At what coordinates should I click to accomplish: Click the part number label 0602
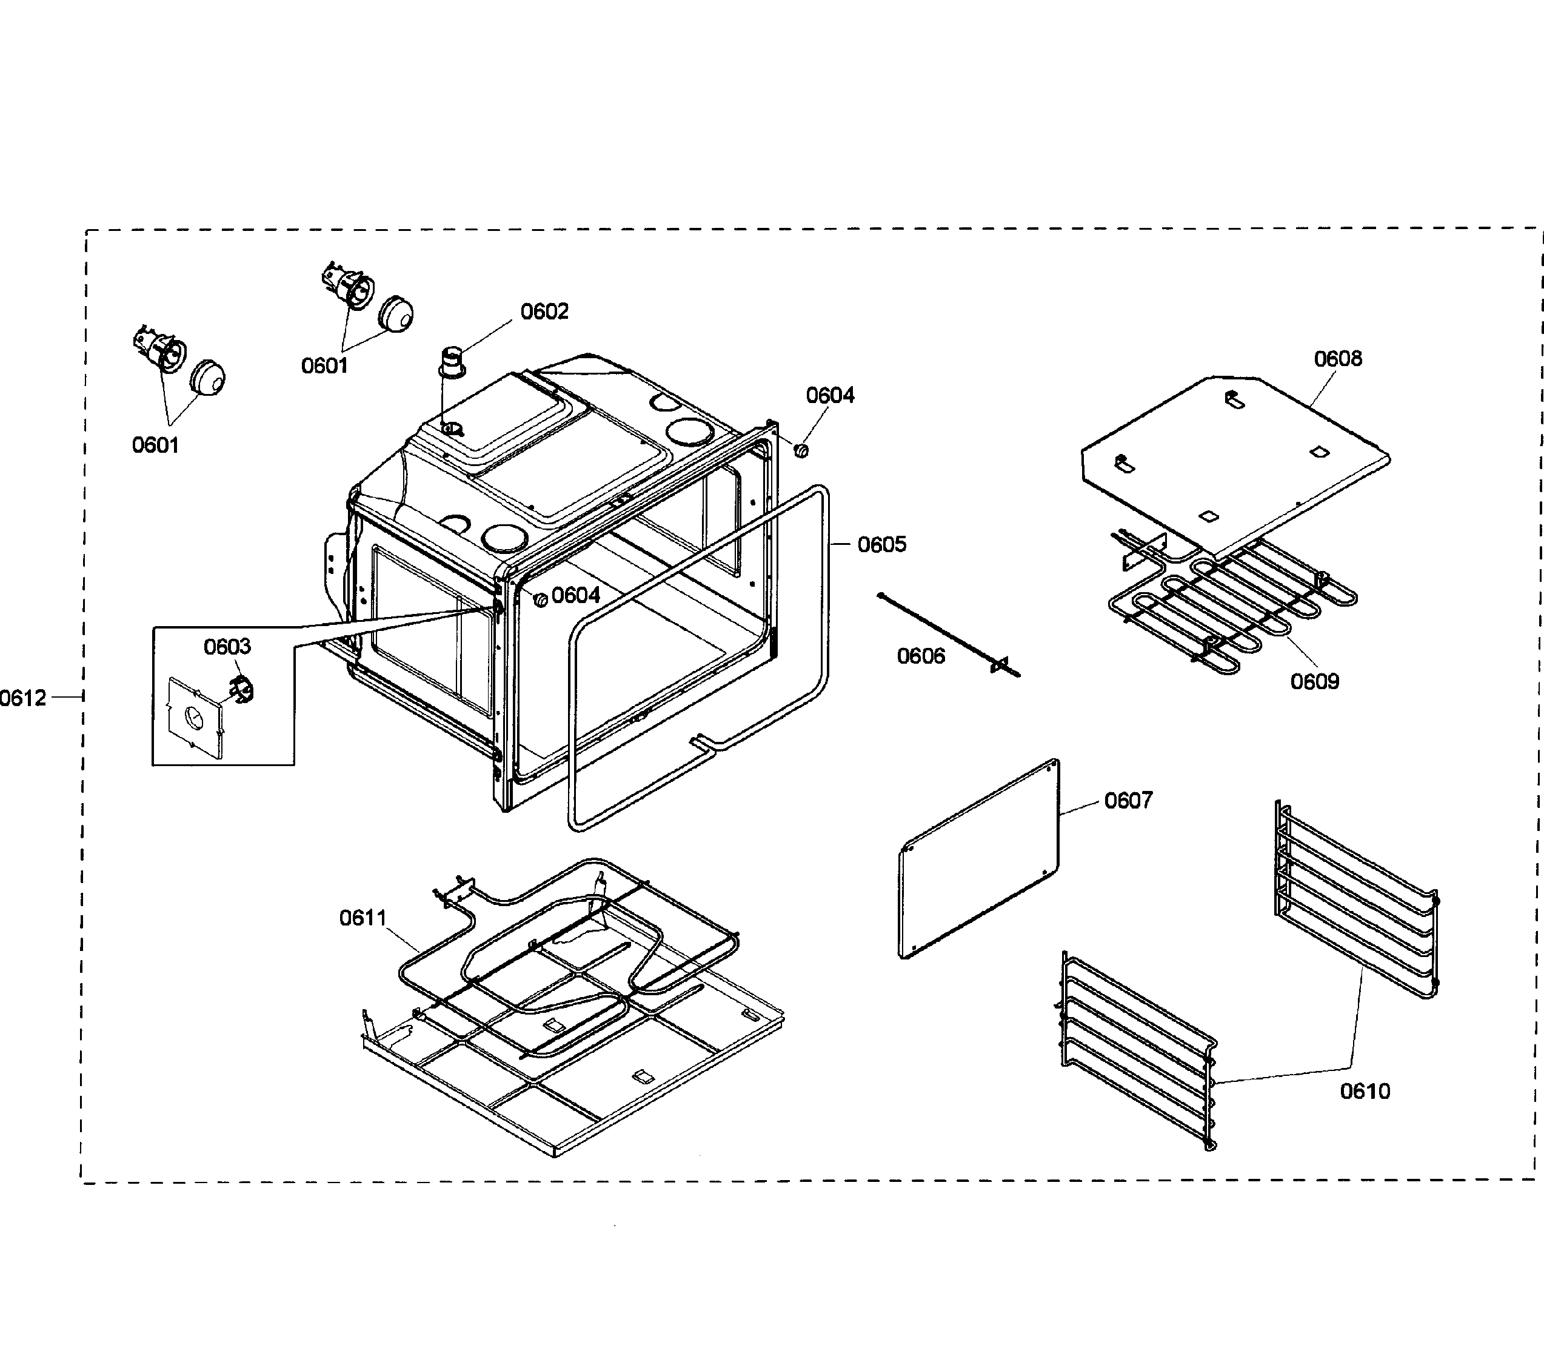tap(544, 312)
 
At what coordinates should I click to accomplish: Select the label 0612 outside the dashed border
tap(24, 698)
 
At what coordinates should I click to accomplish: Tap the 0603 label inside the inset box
tap(227, 646)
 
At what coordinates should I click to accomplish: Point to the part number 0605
tap(881, 544)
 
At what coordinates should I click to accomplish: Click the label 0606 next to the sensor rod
tap(920, 656)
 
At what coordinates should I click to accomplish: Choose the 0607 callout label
tap(1128, 800)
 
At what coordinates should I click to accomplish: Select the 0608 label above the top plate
tap(1337, 358)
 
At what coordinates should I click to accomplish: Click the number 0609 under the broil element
tap(1314, 681)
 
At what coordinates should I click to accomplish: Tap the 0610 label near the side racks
tap(1365, 1091)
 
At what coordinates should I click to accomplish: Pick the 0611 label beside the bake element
tap(363, 918)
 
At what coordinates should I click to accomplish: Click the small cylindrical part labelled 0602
tap(452, 361)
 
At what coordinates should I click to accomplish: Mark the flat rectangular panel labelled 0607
tap(978, 859)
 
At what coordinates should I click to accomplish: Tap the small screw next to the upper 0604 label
tap(801, 451)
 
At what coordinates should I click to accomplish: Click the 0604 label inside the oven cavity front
tap(575, 596)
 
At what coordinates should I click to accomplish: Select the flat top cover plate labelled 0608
tap(1237, 460)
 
